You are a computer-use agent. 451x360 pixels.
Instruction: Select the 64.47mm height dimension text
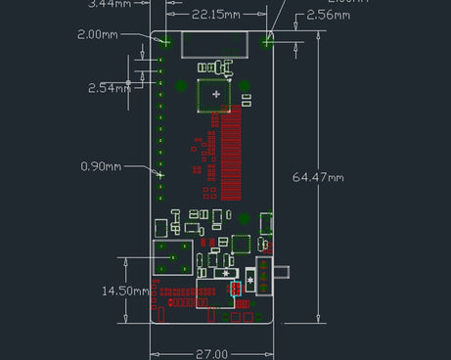tap(319, 177)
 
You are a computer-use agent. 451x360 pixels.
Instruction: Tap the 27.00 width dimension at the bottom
tap(211, 353)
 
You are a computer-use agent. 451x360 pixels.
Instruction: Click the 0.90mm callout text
tap(102, 166)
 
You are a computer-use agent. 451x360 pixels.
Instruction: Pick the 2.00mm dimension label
tap(100, 35)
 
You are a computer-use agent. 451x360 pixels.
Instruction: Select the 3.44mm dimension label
tap(109, 4)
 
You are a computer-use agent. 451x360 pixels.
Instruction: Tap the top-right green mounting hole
tap(267, 41)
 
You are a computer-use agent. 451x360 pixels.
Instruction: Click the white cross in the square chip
tap(215, 94)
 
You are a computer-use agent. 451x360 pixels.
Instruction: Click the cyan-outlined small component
tap(235, 289)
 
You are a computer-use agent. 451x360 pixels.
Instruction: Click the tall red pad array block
tap(231, 152)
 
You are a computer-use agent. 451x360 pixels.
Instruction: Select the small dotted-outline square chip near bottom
tap(241, 243)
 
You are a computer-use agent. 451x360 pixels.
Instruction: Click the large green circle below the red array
tap(244, 219)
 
